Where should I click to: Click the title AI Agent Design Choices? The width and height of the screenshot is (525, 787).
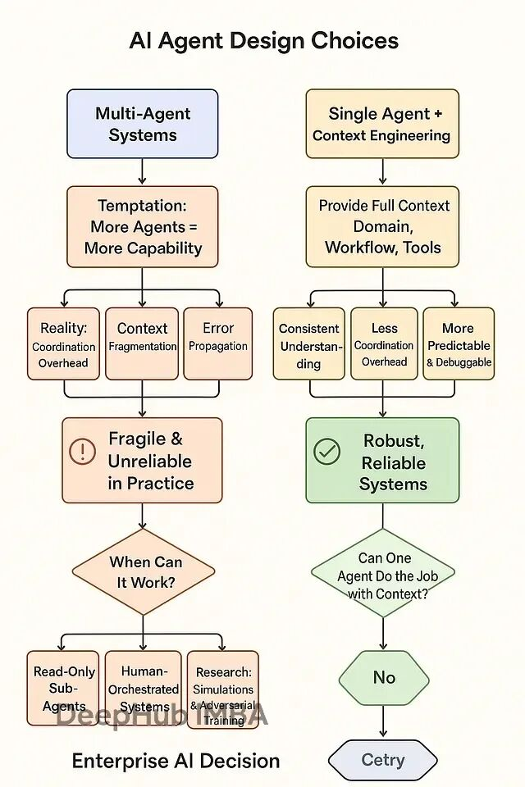point(263,41)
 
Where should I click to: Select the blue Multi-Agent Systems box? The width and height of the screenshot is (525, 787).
point(142,124)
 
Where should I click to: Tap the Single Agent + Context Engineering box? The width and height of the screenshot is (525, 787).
point(381,124)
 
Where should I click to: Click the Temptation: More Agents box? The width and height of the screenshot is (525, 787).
point(142,226)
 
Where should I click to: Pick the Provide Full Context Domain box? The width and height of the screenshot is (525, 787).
point(382,226)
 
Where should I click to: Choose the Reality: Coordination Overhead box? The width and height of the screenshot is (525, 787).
point(63,344)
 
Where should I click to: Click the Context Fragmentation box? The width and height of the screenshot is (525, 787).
point(142,344)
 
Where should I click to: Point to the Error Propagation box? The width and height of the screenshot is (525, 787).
point(218,344)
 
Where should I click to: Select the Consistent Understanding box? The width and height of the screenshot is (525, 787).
point(308,344)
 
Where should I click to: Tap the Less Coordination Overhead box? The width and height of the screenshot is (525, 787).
point(384,344)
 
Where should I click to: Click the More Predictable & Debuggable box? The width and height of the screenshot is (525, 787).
point(459,344)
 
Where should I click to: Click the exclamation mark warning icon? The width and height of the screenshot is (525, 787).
point(82,451)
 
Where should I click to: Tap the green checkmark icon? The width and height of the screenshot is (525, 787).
point(327,451)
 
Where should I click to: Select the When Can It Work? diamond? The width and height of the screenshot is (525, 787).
point(144,572)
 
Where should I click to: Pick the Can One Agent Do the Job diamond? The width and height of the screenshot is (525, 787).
point(384,575)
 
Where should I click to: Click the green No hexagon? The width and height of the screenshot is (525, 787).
point(384,677)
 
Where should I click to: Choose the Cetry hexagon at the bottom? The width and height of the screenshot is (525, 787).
point(383,760)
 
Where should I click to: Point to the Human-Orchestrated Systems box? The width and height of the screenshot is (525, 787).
point(143,689)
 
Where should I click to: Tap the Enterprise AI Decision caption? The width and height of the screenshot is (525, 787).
point(176,761)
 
